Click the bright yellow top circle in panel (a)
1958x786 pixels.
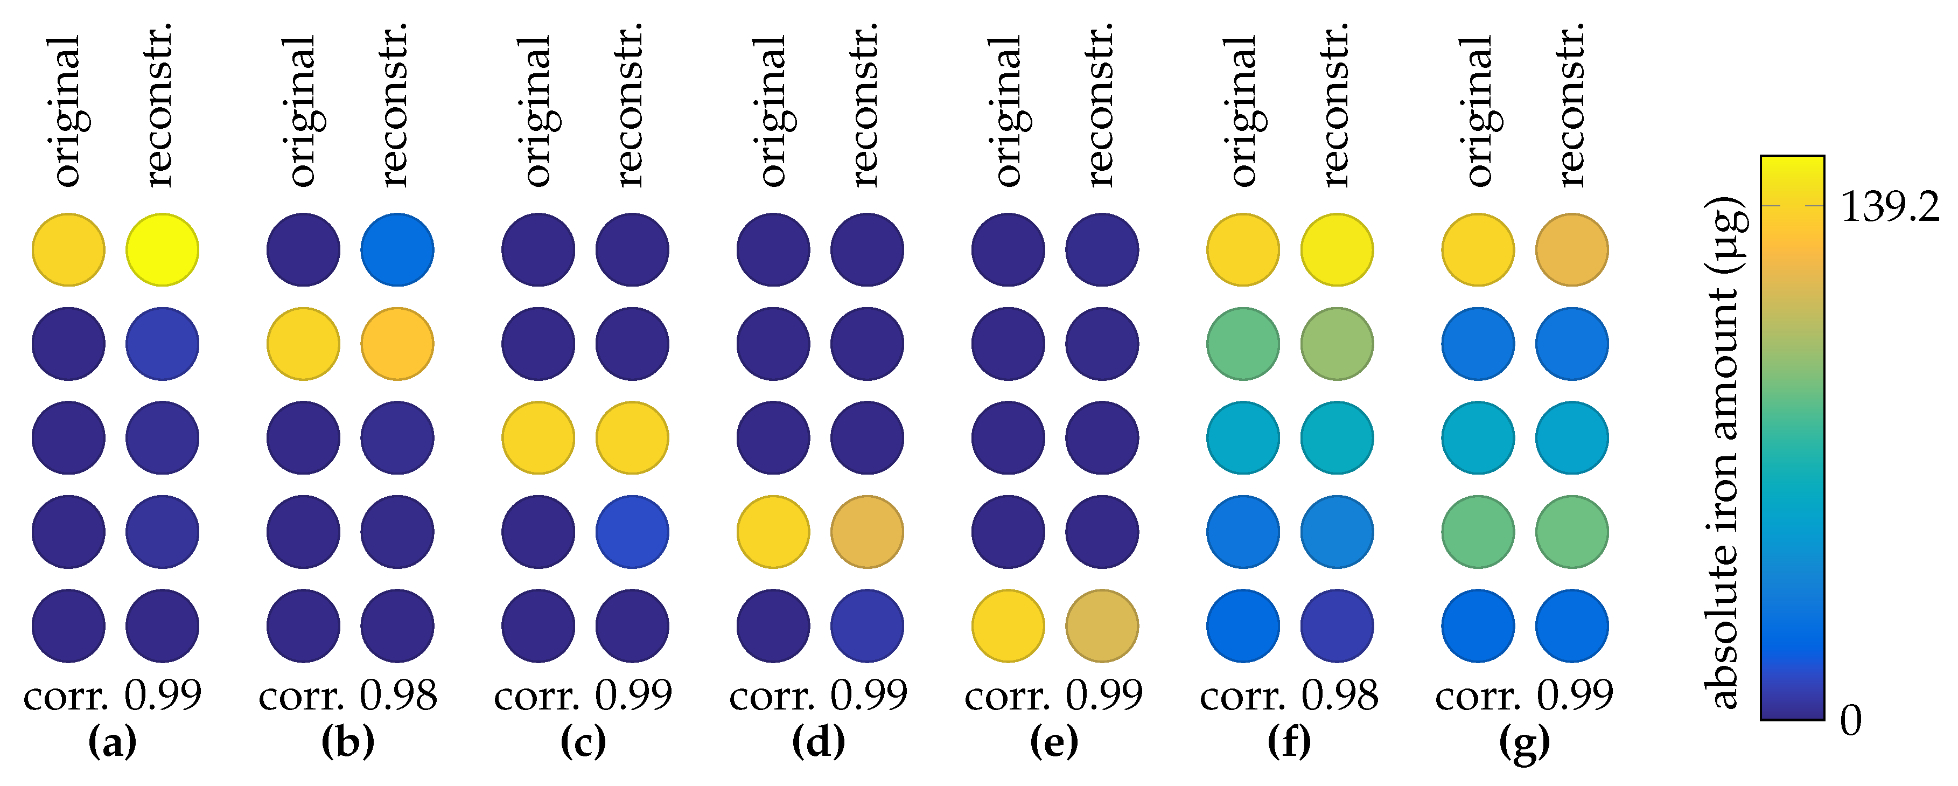162,249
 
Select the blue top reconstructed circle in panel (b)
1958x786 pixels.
397,249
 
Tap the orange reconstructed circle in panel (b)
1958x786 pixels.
397,344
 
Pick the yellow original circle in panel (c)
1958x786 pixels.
538,438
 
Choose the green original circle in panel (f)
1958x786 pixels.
1243,344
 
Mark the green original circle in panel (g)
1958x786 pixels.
1478,532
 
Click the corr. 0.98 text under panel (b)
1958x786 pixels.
348,695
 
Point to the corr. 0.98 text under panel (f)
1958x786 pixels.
1289,695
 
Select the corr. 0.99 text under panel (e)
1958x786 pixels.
1053,695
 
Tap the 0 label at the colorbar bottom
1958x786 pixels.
1851,719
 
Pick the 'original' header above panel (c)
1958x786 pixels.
538,111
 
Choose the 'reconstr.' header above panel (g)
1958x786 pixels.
1570,105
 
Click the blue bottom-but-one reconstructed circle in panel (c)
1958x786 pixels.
632,532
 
